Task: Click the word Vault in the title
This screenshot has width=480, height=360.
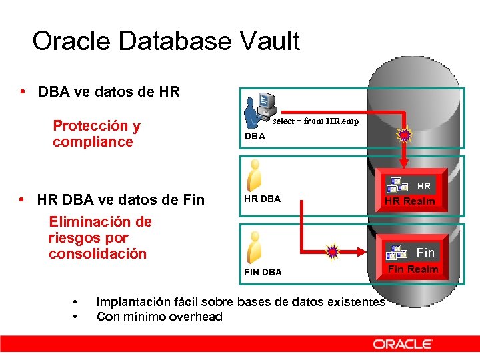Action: click(264, 41)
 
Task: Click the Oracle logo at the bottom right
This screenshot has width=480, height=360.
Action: click(403, 344)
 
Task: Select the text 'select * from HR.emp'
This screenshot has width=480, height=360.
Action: click(315, 121)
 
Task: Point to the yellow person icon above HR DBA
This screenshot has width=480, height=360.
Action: click(253, 175)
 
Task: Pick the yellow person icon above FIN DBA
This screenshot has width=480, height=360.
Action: click(253, 247)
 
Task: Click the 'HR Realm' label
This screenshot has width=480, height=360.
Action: click(409, 201)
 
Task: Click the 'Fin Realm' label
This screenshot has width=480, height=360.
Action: click(413, 269)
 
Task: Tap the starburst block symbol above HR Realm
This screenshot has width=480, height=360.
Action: click(404, 136)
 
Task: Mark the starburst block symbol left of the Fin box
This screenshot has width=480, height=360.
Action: click(333, 251)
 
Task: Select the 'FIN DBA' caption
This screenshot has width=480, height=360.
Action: click(263, 272)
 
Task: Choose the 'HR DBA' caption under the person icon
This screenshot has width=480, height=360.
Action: click(262, 199)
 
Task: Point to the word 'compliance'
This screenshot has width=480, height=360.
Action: click(93, 142)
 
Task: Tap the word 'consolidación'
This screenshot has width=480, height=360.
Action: click(97, 254)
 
